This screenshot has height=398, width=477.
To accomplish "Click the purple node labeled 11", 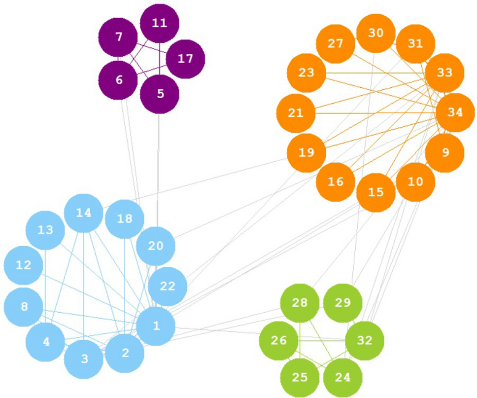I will (159, 23).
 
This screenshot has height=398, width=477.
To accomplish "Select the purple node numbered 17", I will (185, 59).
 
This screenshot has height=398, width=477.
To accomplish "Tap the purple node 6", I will (119, 80).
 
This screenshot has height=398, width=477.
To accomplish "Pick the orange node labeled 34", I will (455, 112).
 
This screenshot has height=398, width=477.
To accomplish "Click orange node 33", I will (444, 73).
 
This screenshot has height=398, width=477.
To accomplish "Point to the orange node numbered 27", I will (335, 43).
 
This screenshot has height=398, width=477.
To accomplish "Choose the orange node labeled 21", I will (296, 113).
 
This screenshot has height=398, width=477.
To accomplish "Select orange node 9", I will (444, 152).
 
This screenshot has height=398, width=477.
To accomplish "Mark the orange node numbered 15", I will (375, 192).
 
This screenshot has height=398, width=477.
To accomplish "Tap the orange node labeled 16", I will (335, 181).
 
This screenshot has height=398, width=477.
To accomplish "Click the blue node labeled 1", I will (156, 326).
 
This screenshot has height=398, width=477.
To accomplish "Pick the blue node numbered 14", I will (84, 213).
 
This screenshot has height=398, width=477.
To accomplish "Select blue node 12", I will (23, 265).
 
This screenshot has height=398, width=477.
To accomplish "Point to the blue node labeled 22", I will (168, 287).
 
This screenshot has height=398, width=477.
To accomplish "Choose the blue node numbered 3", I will (84, 359).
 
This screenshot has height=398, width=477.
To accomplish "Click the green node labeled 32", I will (365, 340).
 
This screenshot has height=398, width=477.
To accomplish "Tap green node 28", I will (300, 302).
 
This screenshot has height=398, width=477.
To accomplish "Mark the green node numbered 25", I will (300, 378).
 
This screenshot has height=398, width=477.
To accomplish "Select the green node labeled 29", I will (342, 302).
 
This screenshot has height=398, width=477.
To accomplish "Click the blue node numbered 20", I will (155, 246).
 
